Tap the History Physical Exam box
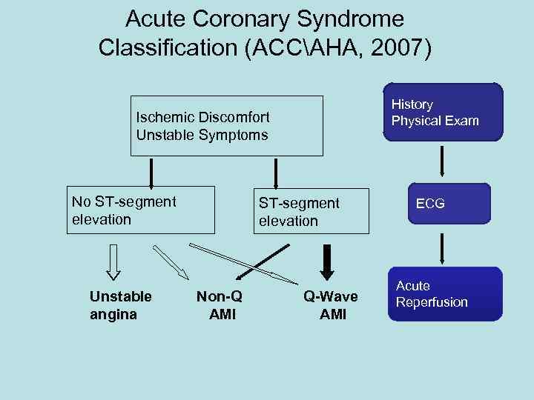click(443, 112)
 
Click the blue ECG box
click(443, 203)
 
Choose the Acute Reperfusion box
click(443, 294)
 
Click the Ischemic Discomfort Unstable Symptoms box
click(226, 126)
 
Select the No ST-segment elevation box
click(141, 211)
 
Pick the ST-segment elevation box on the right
click(310, 212)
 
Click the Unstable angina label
click(120, 304)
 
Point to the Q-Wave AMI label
click(330, 304)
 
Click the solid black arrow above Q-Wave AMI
click(326, 261)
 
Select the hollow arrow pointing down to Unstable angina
click(113, 261)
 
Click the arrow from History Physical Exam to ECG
click(443, 161)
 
